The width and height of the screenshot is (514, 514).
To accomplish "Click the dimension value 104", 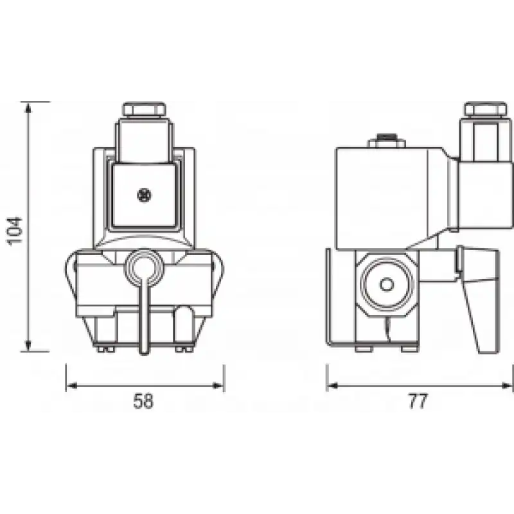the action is point(15,231).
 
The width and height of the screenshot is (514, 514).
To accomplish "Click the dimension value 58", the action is point(143,401).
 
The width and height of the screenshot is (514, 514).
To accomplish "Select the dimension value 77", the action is point(418,401).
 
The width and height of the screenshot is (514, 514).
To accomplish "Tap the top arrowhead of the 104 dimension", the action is point(28,107).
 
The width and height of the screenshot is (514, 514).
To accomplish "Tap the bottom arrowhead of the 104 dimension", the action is point(28,346).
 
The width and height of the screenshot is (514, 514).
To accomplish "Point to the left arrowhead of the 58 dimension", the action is point(72,385).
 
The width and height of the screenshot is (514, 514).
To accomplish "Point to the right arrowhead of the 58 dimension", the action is point(218,385).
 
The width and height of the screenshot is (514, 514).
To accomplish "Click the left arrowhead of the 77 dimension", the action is point(333,385).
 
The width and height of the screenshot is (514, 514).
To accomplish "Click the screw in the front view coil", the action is point(144,195).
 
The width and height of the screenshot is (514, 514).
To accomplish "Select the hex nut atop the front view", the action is point(144,109).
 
